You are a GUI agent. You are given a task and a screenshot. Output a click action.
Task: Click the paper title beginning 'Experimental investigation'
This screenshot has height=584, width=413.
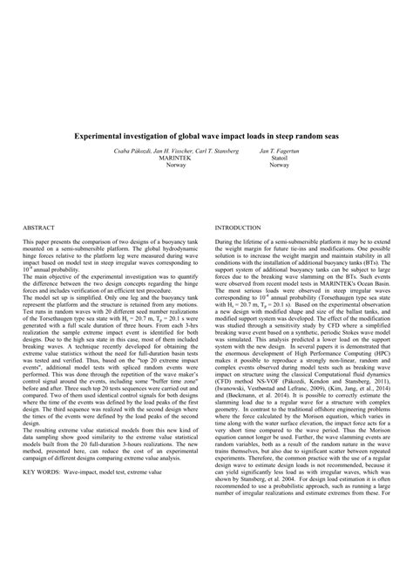[206, 137]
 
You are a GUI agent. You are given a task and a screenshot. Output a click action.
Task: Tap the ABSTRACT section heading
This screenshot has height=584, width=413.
[39, 226]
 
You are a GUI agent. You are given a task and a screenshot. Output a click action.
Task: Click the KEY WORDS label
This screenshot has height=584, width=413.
[42, 496]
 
